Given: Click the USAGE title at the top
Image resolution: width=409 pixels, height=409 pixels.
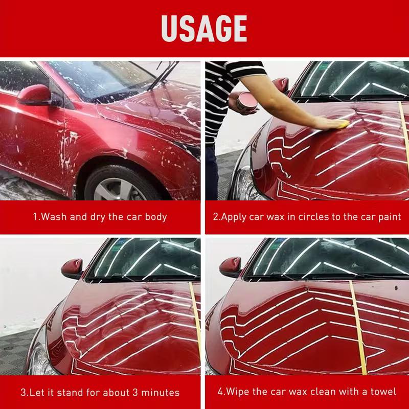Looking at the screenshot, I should click(x=204, y=28).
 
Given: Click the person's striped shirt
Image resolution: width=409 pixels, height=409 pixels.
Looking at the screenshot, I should click(x=225, y=92).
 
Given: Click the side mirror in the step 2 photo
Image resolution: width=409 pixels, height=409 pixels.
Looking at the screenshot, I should click(x=280, y=86).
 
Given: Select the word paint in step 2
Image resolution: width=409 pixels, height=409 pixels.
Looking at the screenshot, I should click(x=389, y=217).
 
